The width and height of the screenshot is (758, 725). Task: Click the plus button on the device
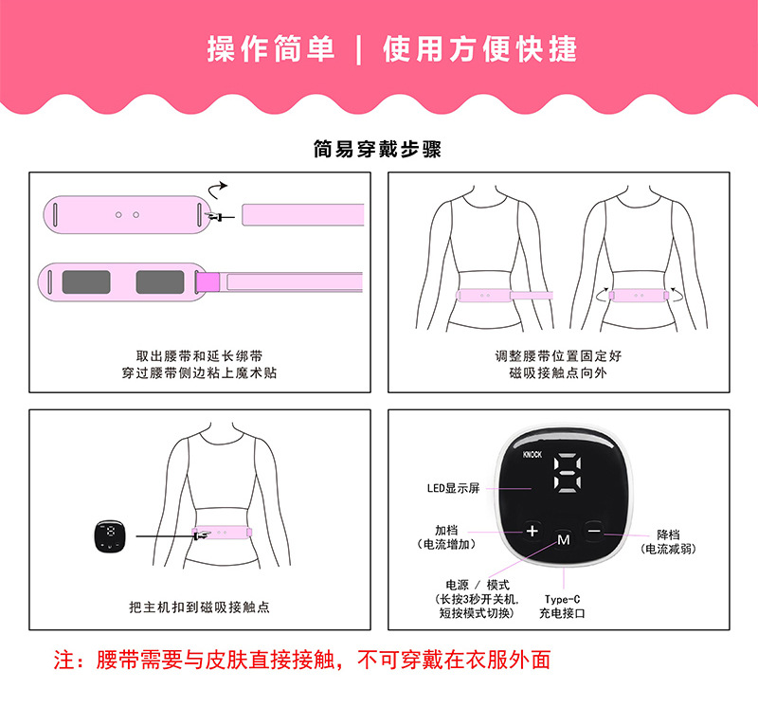[x=532, y=531]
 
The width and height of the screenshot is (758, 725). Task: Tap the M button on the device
[x=563, y=539]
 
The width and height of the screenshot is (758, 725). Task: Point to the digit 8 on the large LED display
[x=565, y=472]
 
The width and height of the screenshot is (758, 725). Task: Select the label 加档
[x=446, y=530]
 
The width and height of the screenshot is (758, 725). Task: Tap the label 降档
[x=668, y=535]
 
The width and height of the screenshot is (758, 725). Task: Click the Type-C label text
[x=562, y=599]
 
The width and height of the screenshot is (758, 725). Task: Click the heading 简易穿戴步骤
[x=377, y=149]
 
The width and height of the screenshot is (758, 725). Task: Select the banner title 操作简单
[x=271, y=49]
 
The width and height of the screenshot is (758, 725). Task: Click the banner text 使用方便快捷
[x=479, y=49]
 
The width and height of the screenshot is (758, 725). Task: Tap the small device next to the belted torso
[x=113, y=535]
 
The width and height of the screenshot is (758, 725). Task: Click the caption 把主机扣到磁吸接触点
[x=199, y=607]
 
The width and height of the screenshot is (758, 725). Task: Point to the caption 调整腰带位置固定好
[x=558, y=356]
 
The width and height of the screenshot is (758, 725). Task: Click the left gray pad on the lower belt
[x=85, y=281]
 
